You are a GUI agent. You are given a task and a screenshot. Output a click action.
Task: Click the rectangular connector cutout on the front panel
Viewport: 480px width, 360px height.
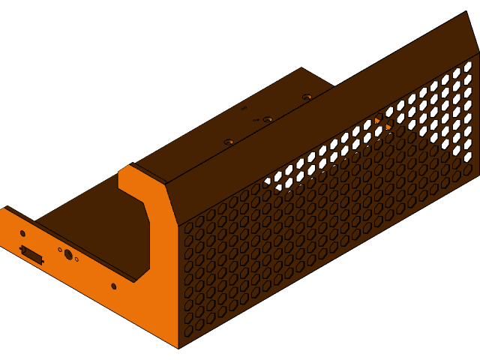(x=31, y=255)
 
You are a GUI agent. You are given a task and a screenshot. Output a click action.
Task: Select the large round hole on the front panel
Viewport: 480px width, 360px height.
(x=68, y=255)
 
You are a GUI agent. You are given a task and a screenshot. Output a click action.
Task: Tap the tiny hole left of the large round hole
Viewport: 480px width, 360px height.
(x=60, y=250)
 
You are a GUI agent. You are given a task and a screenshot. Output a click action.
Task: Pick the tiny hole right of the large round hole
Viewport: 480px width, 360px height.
(x=76, y=259)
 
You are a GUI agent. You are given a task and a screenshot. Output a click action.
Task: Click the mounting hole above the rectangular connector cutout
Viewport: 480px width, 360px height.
(x=22, y=234)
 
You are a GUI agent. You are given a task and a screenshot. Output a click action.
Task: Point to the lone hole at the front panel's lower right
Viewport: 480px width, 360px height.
(x=114, y=286)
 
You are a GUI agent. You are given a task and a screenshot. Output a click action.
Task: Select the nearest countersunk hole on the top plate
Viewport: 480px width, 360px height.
(x=229, y=141)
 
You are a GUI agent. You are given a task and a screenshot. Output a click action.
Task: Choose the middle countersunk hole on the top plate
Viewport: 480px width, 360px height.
(x=268, y=119)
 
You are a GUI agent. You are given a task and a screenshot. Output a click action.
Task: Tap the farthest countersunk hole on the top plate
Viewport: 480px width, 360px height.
(x=307, y=97)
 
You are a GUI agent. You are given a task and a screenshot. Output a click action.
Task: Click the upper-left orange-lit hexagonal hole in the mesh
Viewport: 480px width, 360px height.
(x=378, y=119)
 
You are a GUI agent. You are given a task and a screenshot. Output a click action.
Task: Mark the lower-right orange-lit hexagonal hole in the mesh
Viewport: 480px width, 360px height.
(x=388, y=127)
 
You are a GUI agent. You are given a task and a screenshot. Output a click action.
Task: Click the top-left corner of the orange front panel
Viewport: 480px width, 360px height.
(x=6, y=208)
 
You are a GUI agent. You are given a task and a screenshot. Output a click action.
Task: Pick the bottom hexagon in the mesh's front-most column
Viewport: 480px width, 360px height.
(x=188, y=330)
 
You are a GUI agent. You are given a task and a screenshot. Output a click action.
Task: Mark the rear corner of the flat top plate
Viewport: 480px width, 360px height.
(x=301, y=68)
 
